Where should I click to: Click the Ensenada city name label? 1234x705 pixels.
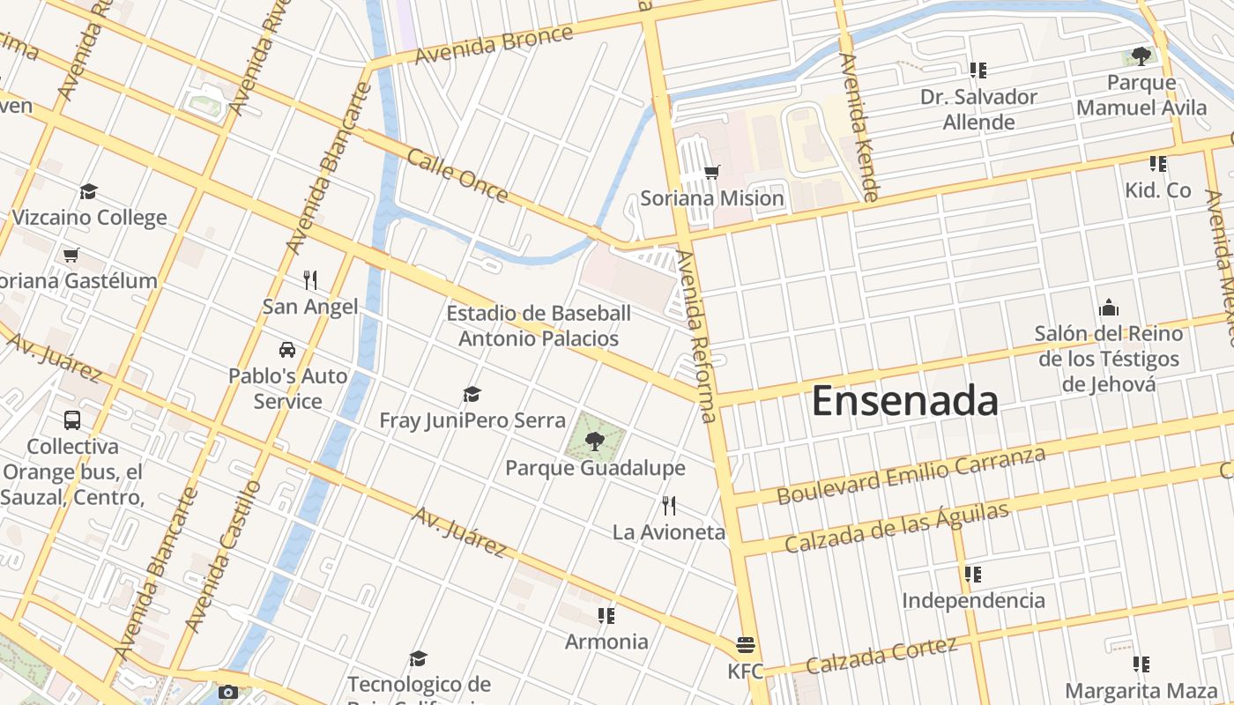pos(904,401)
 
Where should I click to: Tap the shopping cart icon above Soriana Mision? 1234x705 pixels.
pos(711,172)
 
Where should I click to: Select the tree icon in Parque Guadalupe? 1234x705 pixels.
pos(595,441)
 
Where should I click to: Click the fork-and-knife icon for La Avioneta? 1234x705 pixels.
pos(669,506)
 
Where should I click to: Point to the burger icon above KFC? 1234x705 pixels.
pos(745,645)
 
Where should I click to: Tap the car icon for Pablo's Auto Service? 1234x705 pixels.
pos(287,350)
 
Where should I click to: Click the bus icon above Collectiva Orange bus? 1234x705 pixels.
pos(72,420)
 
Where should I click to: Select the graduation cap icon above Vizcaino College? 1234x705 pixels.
pos(88,192)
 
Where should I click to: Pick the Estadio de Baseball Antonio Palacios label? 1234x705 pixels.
pos(539,326)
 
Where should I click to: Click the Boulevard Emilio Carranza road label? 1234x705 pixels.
pos(911,476)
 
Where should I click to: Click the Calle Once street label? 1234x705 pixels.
pos(457,175)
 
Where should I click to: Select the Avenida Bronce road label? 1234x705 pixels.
pos(494,44)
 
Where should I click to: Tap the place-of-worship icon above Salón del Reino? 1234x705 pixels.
pos(1109,308)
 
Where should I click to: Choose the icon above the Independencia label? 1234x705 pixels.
pos(973,575)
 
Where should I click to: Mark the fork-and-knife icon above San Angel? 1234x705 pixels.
pos(310,280)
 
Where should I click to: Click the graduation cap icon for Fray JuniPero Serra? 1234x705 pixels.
pos(472,394)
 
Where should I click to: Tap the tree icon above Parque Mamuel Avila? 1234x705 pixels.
pos(1141,57)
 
